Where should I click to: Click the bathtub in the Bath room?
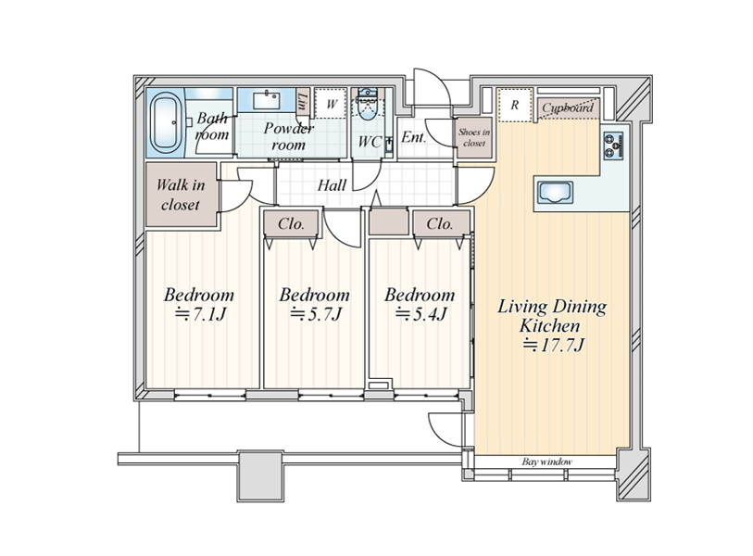click(x=166, y=122)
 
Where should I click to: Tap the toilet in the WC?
click(x=368, y=105)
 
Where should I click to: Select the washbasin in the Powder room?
click(x=266, y=100)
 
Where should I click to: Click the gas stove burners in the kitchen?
click(x=613, y=145)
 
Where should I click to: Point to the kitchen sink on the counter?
click(x=555, y=193)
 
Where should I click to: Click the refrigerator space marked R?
click(x=515, y=105)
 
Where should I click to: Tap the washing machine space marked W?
click(x=332, y=103)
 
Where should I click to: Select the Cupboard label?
click(x=568, y=107)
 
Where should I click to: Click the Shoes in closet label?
click(x=474, y=137)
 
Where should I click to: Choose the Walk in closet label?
click(x=181, y=195)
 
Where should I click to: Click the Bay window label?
click(x=547, y=461)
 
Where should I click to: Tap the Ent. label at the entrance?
click(x=413, y=137)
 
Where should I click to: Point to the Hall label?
click(x=332, y=185)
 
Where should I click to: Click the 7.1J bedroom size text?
click(x=200, y=314)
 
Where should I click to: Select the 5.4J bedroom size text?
click(x=421, y=314)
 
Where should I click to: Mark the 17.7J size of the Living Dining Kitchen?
click(x=553, y=345)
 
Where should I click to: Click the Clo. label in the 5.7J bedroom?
click(x=291, y=223)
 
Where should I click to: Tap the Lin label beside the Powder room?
click(x=302, y=101)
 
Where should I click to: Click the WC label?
click(x=370, y=142)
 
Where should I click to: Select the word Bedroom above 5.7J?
click(x=315, y=295)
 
